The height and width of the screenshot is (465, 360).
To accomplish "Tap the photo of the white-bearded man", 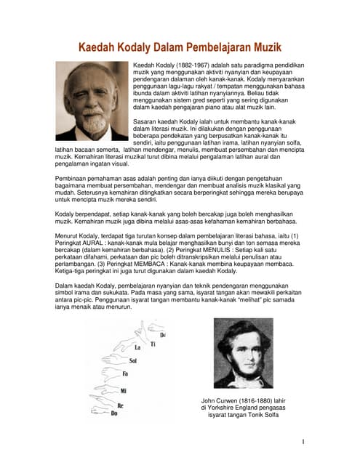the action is [x=92, y=100].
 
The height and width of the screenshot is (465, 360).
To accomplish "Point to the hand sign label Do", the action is [x=113, y=413].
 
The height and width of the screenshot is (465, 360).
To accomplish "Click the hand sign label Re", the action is [x=120, y=405].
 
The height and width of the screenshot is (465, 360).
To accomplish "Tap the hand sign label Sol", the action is [x=132, y=360].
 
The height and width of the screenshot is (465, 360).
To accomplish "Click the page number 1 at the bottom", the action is [x=302, y=441].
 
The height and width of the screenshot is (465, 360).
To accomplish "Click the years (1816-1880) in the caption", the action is [x=252, y=400].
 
